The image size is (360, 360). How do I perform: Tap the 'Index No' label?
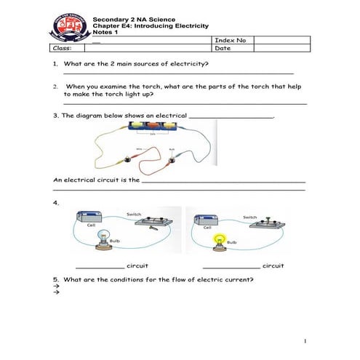pyautogui.click(x=231, y=40)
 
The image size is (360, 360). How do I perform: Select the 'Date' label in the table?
pyautogui.click(x=223, y=49)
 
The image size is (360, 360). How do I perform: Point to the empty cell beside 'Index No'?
pyautogui.click(x=282, y=40)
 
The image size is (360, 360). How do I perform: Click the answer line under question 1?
pyautogui.click(x=178, y=73)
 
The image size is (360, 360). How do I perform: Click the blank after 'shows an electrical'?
pyautogui.click(x=231, y=116)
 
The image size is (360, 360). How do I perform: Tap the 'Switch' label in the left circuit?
pyautogui.click(x=135, y=214)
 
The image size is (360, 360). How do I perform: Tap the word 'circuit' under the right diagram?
pyautogui.click(x=273, y=265)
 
